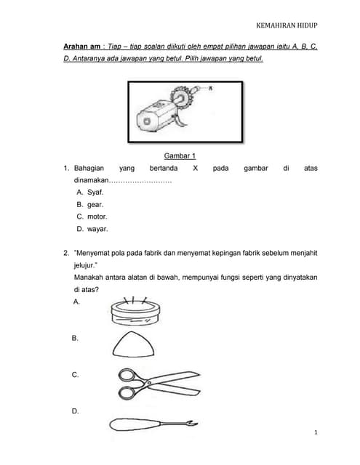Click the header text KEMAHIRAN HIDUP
(x=287, y=25)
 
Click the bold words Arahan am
(x=82, y=46)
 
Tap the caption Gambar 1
(x=180, y=155)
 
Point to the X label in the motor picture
(x=210, y=88)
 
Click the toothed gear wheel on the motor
(x=181, y=97)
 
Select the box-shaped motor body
(x=156, y=116)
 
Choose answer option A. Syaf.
(x=90, y=192)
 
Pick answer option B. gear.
(x=90, y=205)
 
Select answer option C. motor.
(x=92, y=217)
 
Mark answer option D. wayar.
(x=92, y=229)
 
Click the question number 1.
(x=66, y=168)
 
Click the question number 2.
(x=66, y=253)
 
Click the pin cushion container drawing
(x=135, y=312)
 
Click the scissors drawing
(x=159, y=384)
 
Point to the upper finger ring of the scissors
(x=127, y=375)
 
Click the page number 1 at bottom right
(x=316, y=432)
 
